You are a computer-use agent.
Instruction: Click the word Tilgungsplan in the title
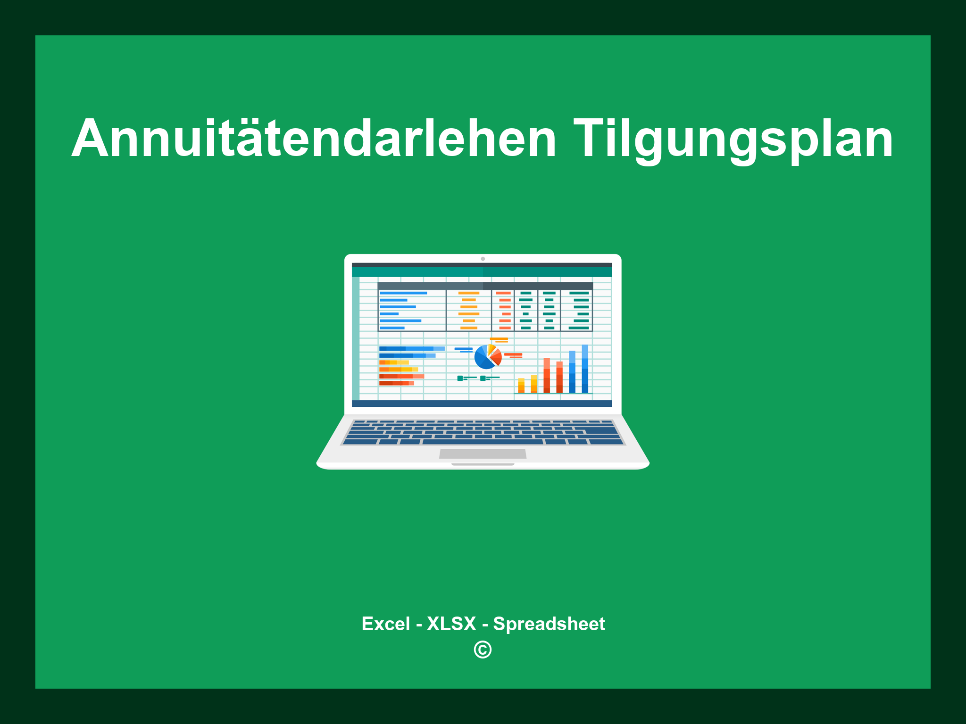coord(733,139)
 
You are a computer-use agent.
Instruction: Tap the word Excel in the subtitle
coord(385,624)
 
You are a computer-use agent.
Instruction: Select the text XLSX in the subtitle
coord(451,624)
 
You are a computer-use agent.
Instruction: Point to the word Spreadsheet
coord(549,624)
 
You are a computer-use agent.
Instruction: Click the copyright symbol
coord(483,650)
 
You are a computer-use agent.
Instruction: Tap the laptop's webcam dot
coord(483,259)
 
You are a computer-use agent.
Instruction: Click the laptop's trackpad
coord(483,454)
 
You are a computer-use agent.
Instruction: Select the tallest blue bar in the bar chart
coord(585,369)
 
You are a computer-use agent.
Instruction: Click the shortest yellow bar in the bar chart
coord(521,386)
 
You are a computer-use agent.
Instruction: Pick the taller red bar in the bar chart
coord(547,376)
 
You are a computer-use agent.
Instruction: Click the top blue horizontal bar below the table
coord(411,348)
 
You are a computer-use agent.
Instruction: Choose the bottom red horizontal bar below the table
coord(396,383)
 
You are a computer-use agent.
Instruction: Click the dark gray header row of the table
coord(485,286)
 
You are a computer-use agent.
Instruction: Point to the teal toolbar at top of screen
coord(482,272)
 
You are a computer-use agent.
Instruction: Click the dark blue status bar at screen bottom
coord(482,403)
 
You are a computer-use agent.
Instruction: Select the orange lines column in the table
coord(468,310)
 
